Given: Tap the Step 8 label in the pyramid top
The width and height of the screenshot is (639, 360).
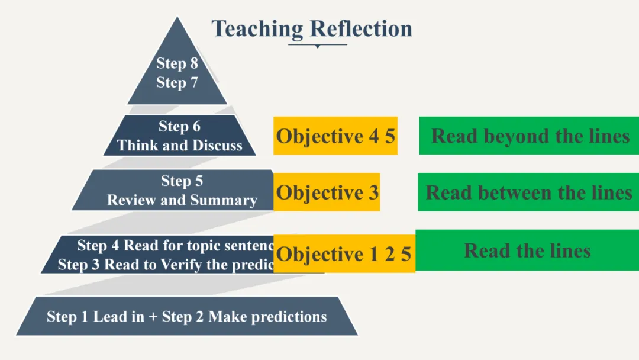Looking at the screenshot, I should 177,63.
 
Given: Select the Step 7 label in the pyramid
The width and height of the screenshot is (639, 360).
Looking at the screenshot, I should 177,83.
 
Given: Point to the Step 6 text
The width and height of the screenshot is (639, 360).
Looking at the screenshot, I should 179,126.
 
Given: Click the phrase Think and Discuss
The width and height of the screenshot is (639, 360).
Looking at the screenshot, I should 179,146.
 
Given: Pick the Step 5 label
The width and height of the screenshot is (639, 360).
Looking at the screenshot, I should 182,181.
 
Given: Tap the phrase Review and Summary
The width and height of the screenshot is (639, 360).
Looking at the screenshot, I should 182,200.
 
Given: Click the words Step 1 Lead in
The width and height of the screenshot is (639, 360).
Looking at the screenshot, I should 95,317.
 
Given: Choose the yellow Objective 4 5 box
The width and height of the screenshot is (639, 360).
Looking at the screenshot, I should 335,136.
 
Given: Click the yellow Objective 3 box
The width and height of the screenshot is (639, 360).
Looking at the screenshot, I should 327,192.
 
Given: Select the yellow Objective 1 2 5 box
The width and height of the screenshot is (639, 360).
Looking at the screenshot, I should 344,254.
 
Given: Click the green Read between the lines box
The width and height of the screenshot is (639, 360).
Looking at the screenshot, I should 528,192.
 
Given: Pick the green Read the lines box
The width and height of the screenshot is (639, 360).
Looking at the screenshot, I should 527,250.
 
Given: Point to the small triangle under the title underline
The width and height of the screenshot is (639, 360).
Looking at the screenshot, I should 317,46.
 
